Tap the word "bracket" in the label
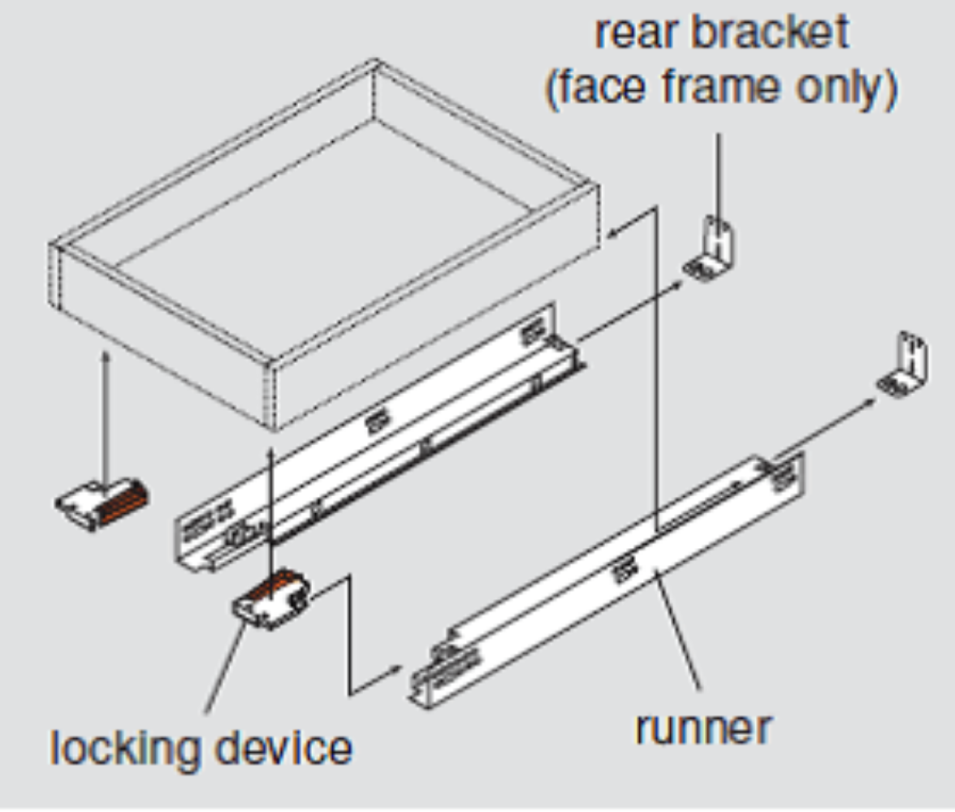[770, 33]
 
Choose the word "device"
[279, 747]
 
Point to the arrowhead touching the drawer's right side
[613, 232]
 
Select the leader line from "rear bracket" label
[718, 171]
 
